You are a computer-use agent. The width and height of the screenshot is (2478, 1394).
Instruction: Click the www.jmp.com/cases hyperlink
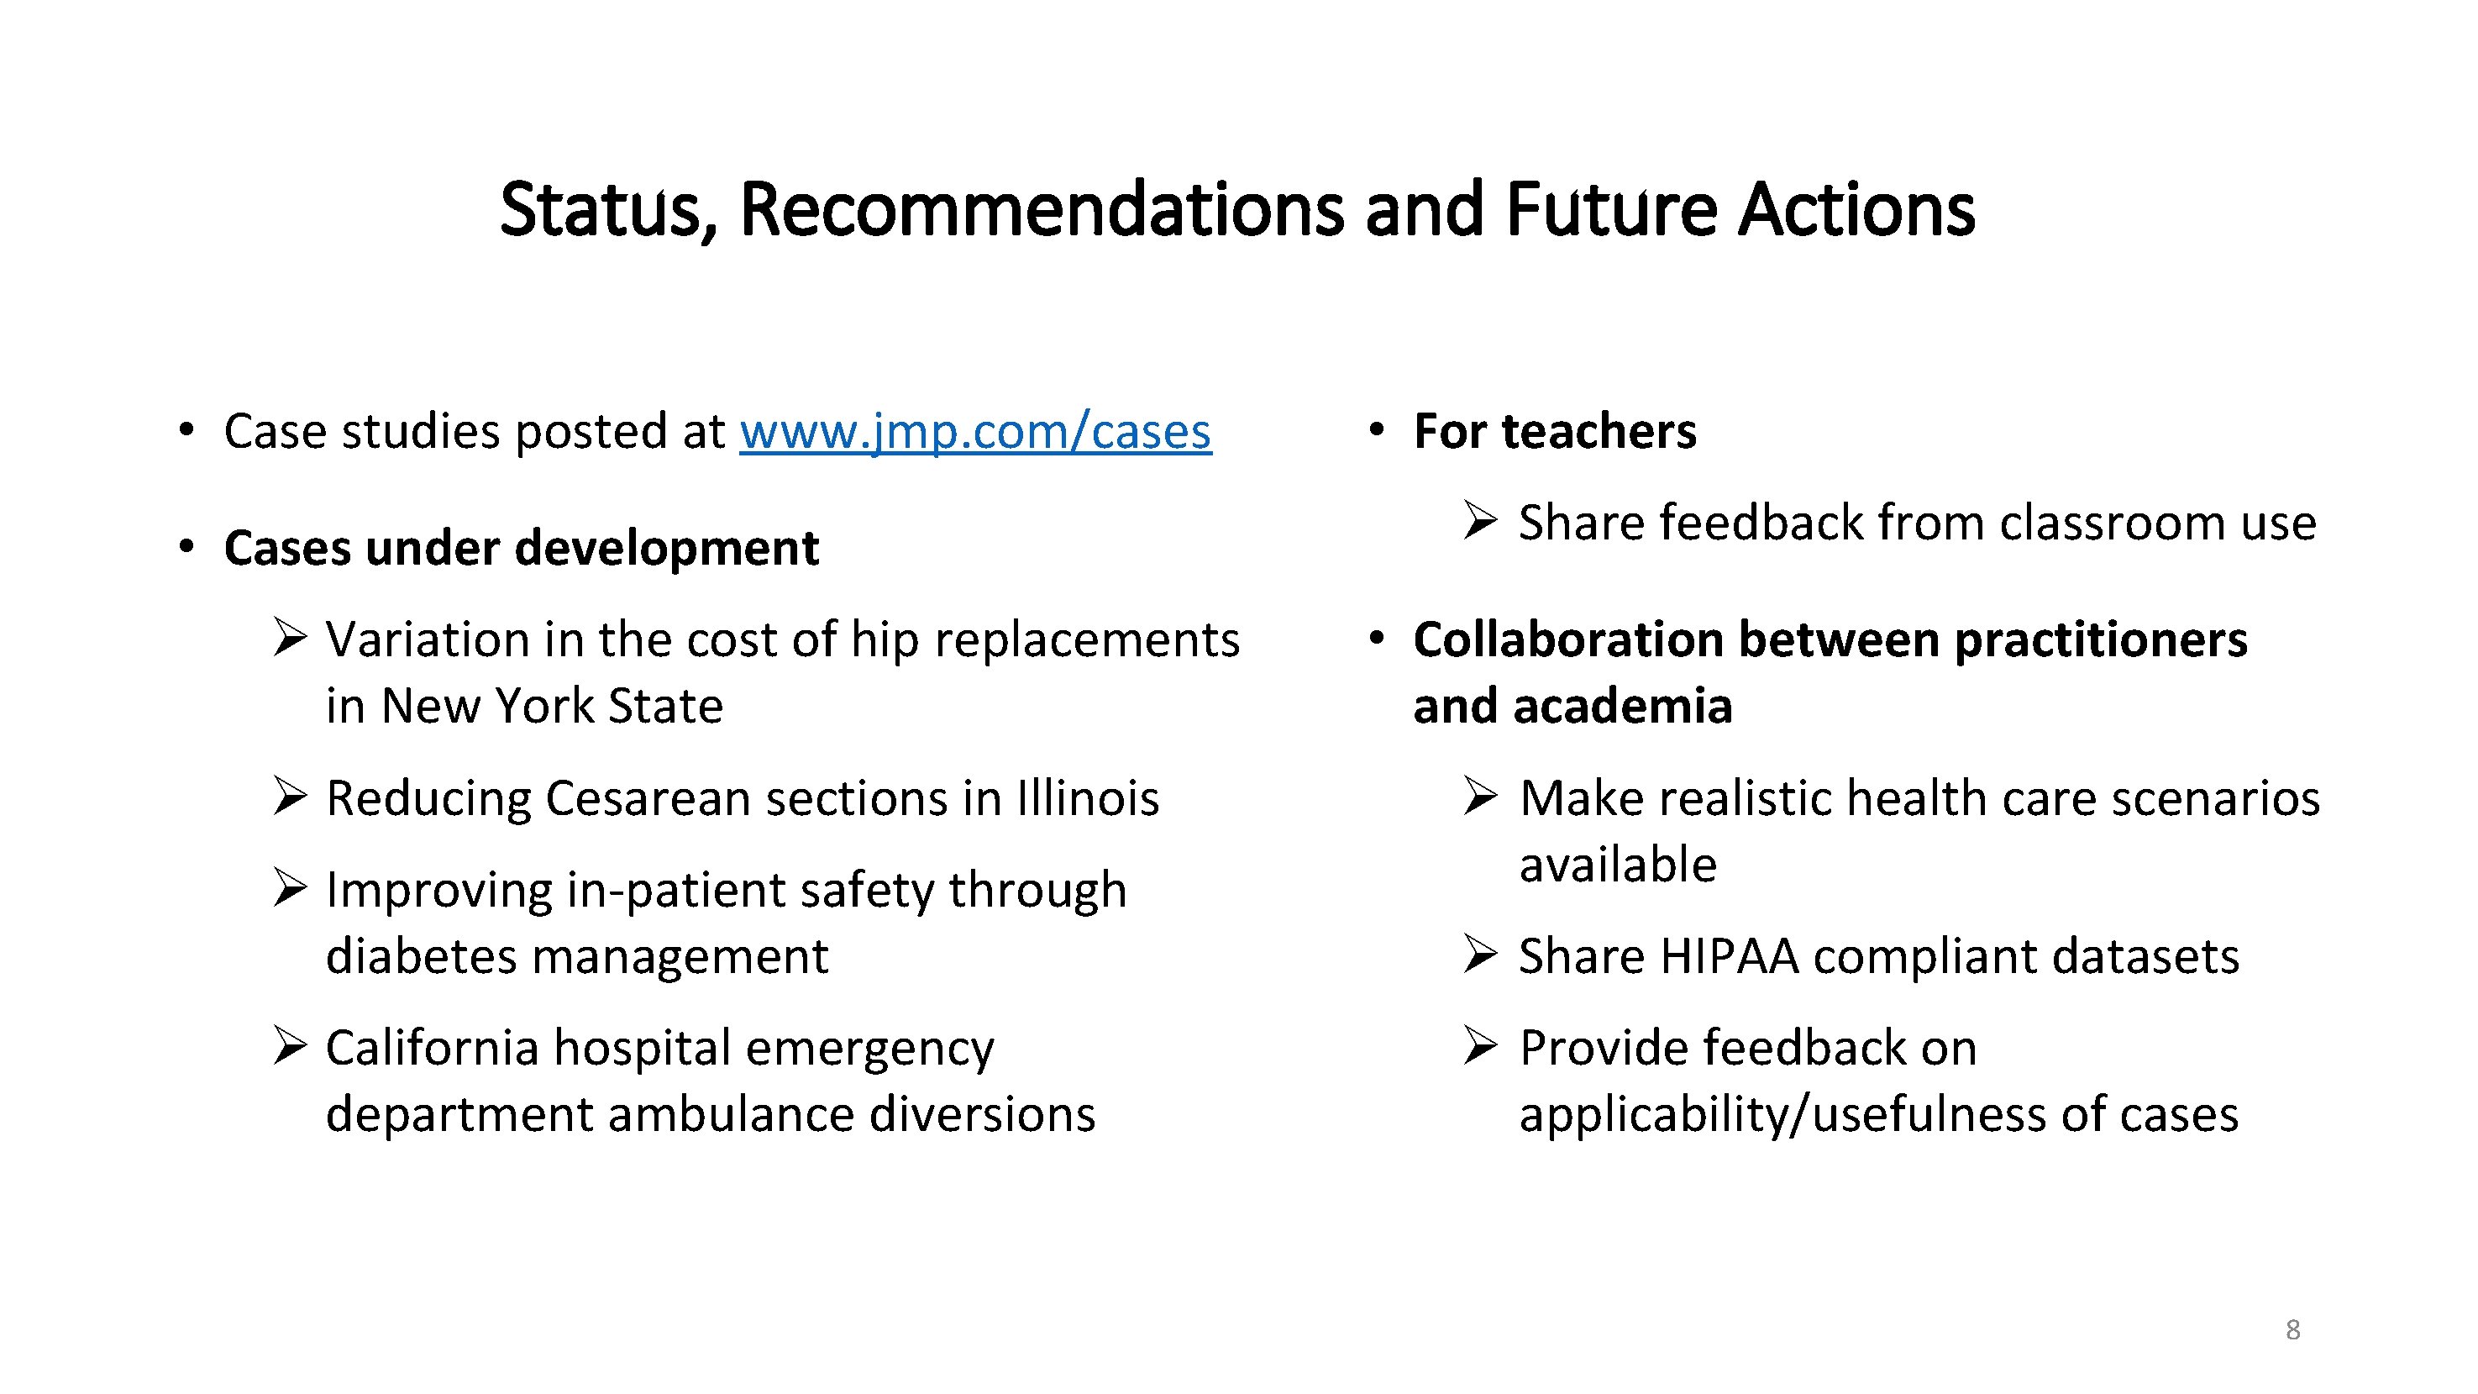point(974,431)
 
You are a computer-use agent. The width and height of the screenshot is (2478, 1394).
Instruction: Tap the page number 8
point(2292,1329)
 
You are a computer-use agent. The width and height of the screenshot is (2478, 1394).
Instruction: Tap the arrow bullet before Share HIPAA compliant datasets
point(1479,955)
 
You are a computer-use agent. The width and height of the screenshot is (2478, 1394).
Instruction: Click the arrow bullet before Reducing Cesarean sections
point(289,797)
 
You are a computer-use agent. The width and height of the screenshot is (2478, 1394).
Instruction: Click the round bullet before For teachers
point(1377,430)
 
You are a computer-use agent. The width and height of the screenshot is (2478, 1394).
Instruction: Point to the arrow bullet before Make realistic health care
point(1479,797)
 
